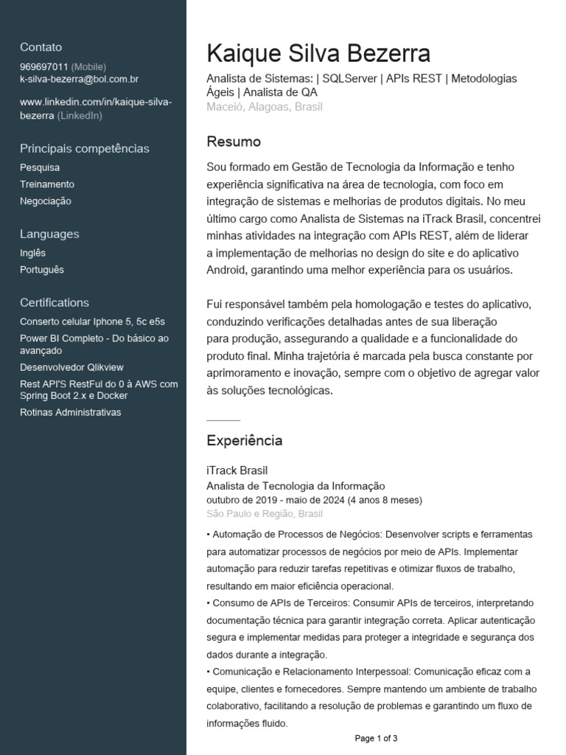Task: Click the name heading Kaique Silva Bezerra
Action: [x=318, y=54]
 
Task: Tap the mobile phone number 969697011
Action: [x=44, y=66]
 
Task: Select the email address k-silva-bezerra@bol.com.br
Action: [x=80, y=78]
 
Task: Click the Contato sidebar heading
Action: [x=41, y=47]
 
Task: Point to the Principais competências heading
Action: [x=85, y=148]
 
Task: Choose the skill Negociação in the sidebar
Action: [x=46, y=201]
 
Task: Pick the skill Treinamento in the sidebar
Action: [x=47, y=184]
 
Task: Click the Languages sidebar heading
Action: [x=49, y=234]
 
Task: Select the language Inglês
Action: [x=33, y=253]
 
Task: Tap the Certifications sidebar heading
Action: [x=55, y=302]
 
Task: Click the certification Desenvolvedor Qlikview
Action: [x=72, y=367]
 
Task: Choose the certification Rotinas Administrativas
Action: [x=71, y=412]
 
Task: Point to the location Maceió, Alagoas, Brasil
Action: [x=265, y=107]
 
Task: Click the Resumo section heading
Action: [x=234, y=142]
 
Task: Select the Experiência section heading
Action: [x=245, y=441]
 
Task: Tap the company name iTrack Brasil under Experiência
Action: [x=237, y=470]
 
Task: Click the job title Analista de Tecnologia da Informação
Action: [x=296, y=486]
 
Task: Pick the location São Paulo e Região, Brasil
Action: [x=265, y=513]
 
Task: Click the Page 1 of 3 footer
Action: [x=377, y=738]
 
